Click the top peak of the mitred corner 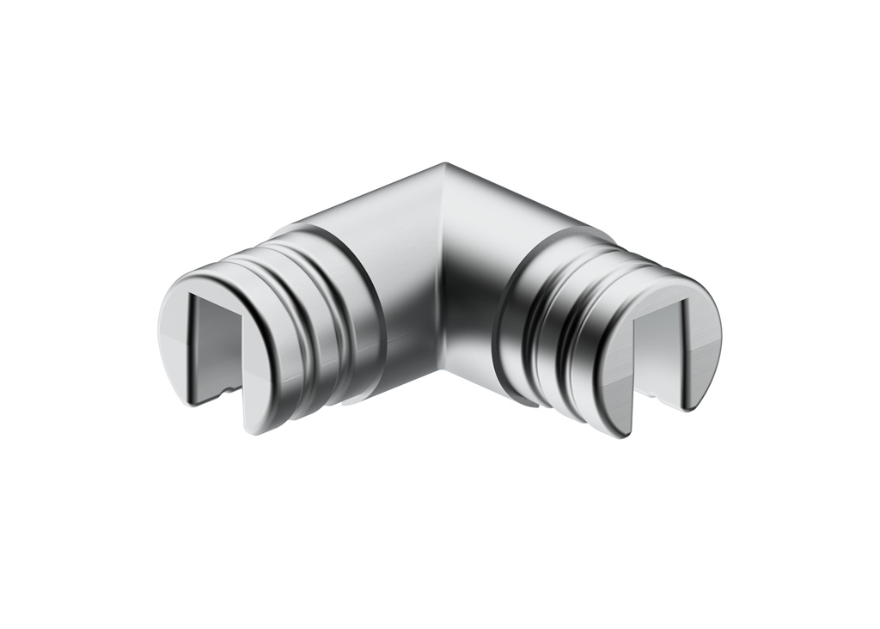pos(444,164)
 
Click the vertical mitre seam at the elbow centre pos(442,284)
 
